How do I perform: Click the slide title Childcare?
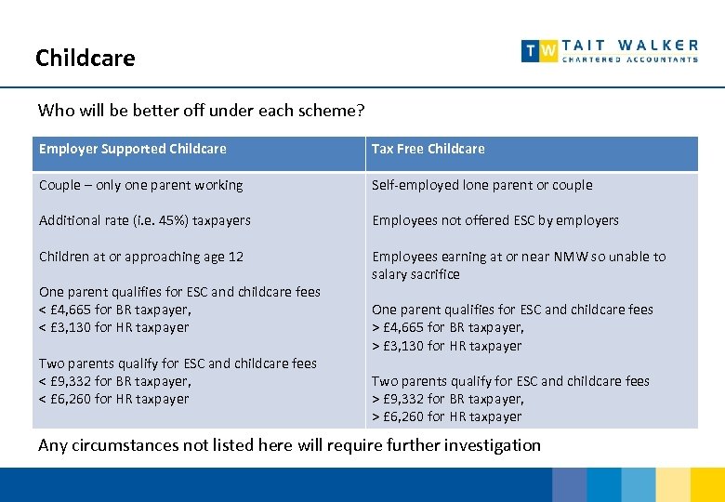pos(85,59)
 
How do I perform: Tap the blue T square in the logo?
pos(531,51)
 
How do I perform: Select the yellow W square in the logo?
pos(549,51)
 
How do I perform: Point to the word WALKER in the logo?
pos(658,45)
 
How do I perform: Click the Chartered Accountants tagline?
pos(630,59)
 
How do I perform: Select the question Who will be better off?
pos(201,111)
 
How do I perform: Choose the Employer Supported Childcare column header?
pos(132,149)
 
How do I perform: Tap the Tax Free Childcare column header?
pos(428,149)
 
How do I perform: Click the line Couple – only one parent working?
pos(140,185)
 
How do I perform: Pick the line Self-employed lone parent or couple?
pos(481,185)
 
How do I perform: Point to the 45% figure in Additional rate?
pos(158,220)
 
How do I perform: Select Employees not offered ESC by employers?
pos(494,220)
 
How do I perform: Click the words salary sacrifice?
pos(415,274)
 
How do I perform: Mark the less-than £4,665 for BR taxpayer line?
pos(114,310)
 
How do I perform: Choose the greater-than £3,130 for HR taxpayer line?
pos(446,346)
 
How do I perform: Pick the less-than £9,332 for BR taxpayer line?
pos(114,381)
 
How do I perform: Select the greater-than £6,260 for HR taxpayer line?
pos(446,416)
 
